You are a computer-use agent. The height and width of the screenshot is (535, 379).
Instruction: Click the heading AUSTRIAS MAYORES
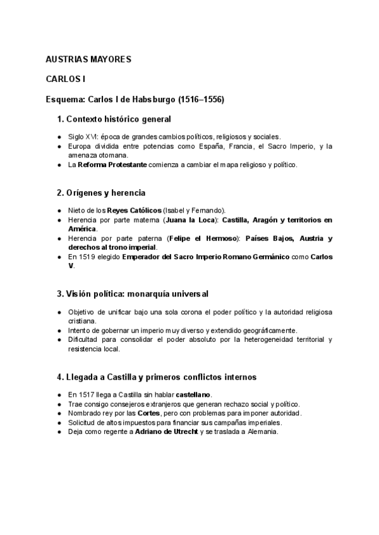click(x=88, y=59)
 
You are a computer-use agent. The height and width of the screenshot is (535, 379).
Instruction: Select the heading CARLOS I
click(x=65, y=79)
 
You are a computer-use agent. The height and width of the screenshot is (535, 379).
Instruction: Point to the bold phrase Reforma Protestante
click(x=112, y=165)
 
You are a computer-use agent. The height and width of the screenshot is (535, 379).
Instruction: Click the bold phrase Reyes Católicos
click(x=134, y=210)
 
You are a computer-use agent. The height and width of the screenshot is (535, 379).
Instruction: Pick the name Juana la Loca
click(x=190, y=220)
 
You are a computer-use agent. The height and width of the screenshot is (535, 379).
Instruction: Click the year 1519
click(x=91, y=257)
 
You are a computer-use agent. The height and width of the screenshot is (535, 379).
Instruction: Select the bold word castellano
click(x=194, y=394)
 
